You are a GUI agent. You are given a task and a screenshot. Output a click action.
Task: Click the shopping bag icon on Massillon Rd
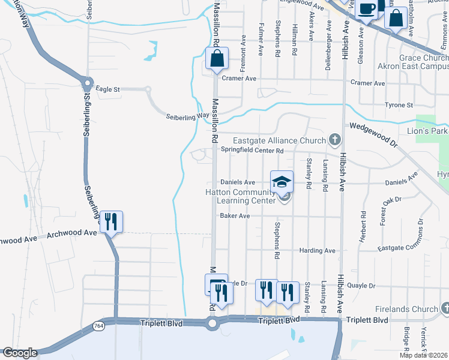coord(217,59)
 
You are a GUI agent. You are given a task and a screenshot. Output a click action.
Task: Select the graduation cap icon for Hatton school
coord(282,182)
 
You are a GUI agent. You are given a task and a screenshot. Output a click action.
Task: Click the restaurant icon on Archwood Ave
coord(111,222)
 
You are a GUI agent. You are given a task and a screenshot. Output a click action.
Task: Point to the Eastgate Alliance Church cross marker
coord(335,140)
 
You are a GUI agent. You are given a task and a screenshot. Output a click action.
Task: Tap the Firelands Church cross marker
coord(445,308)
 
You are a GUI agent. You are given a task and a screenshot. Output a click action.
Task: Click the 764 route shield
coord(98,325)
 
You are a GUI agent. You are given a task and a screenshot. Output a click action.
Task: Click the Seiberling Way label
coord(187,116)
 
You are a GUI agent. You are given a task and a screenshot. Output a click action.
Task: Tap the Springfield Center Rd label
coord(252,150)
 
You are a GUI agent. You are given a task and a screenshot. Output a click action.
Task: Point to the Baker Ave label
coord(234,215)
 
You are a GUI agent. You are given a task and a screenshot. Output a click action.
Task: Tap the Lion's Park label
coord(427,131)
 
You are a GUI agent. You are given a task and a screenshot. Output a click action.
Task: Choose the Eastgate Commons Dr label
coord(409,243)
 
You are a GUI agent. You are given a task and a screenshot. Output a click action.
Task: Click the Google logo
coord(19,353)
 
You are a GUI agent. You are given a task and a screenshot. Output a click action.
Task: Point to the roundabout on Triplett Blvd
coord(211,323)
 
